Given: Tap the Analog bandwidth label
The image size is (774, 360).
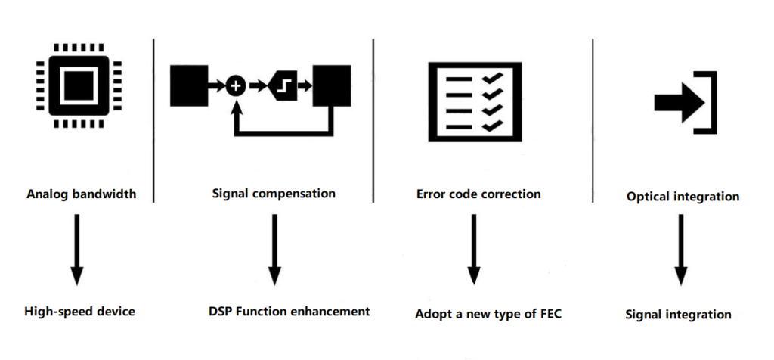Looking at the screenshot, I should click(x=81, y=194).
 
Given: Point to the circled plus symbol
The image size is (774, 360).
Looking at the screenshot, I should click(x=236, y=86).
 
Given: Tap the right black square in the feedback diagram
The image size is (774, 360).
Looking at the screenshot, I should click(x=332, y=86).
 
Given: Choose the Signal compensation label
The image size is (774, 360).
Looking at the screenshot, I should click(x=274, y=193).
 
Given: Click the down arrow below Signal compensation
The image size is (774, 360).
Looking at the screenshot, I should click(x=274, y=250).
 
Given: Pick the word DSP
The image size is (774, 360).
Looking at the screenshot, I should click(x=221, y=311).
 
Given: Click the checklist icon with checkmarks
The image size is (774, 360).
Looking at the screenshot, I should click(x=473, y=100).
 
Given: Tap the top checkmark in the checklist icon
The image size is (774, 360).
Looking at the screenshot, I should click(x=492, y=79).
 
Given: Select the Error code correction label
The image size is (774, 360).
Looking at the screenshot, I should click(x=478, y=194).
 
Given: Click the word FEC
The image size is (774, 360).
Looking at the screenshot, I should click(x=550, y=313).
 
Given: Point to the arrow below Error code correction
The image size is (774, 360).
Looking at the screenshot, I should click(x=474, y=250).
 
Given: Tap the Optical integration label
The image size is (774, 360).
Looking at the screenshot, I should click(x=683, y=197).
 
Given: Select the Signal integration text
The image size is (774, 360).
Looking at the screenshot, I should click(x=678, y=314).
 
